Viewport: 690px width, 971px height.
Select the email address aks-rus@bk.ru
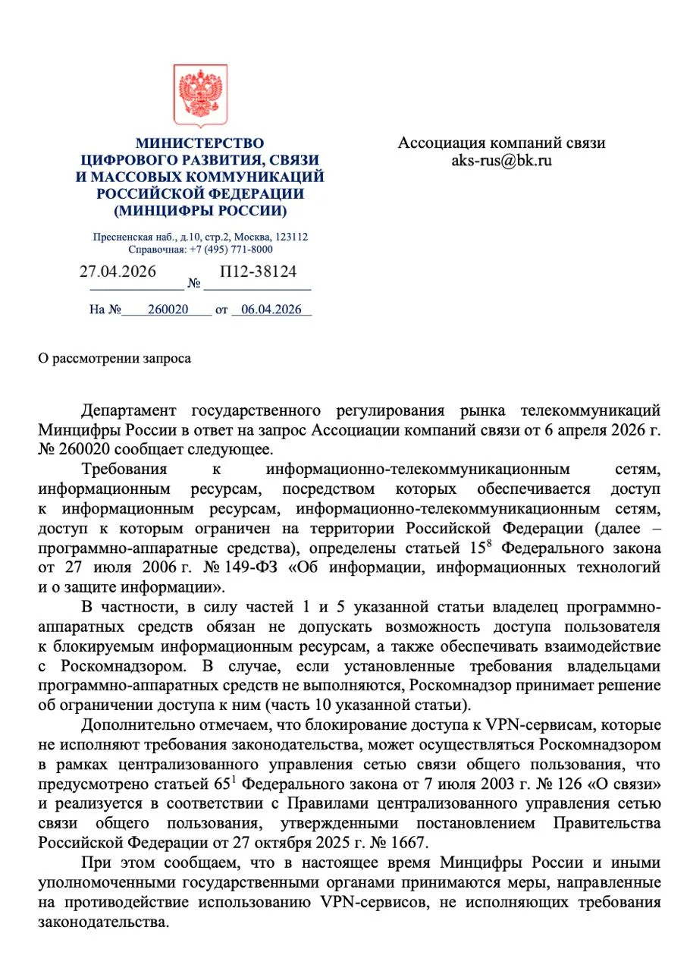point(501,161)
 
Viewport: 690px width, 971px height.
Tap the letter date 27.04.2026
point(118,271)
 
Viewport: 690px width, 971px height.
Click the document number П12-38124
point(258,271)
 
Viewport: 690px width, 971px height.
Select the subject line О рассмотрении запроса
point(114,359)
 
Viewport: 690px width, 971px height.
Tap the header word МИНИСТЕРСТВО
point(199,143)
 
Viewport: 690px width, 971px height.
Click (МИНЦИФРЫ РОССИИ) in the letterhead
point(199,211)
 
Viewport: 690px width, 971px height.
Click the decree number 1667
point(409,842)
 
